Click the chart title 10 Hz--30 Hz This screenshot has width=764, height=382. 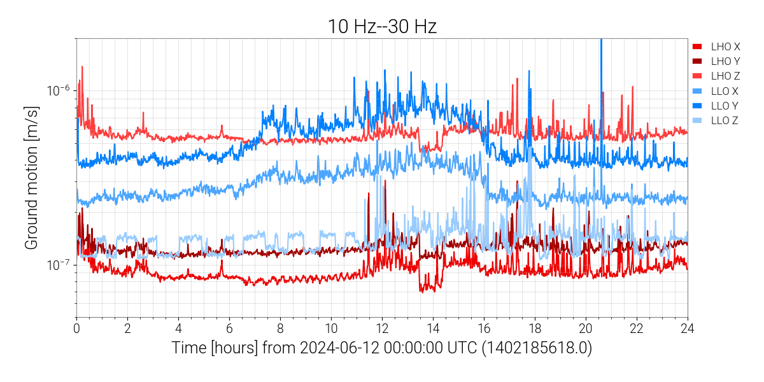pyautogui.click(x=381, y=26)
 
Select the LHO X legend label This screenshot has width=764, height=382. pyautogui.click(x=725, y=46)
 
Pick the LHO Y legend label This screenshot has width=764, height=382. pyautogui.click(x=725, y=61)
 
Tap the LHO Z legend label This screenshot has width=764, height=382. pyautogui.click(x=725, y=76)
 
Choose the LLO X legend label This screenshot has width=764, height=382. pyautogui.click(x=725, y=91)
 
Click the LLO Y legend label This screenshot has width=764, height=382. pyautogui.click(x=725, y=106)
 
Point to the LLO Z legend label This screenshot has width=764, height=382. pyautogui.click(x=725, y=120)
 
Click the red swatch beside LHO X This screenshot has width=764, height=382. pyautogui.click(x=698, y=46)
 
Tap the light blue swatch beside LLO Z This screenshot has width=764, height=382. pyautogui.click(x=698, y=120)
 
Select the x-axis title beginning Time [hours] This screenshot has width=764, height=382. pyautogui.click(x=381, y=348)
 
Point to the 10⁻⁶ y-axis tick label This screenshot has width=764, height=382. pyautogui.click(x=58, y=90)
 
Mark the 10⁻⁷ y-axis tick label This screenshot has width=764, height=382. pyautogui.click(x=58, y=264)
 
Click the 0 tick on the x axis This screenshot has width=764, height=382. pyautogui.click(x=76, y=329)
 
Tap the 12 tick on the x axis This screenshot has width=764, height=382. pyautogui.click(x=382, y=329)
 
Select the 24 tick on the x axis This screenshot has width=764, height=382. pyautogui.click(x=688, y=329)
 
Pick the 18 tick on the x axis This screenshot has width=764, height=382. pyautogui.click(x=535, y=329)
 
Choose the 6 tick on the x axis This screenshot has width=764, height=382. pyautogui.click(x=229, y=329)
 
